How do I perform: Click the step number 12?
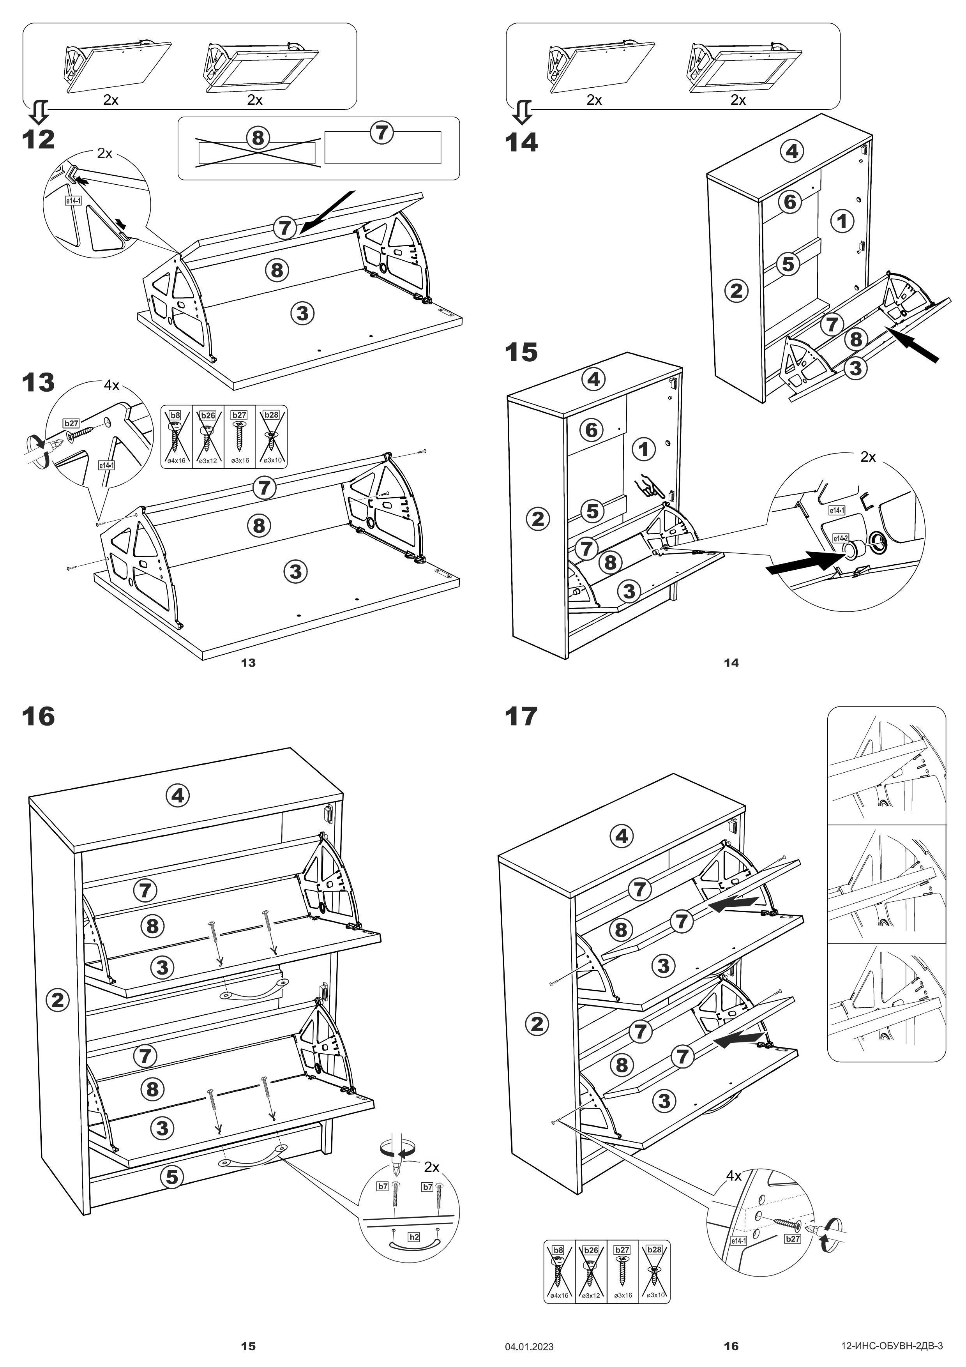[x=38, y=140]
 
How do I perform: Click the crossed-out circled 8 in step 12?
[x=258, y=138]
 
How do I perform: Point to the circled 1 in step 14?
[x=842, y=221]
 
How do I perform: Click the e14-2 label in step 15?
[x=840, y=538]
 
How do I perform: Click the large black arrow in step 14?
[x=920, y=348]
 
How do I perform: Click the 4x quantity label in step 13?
[x=111, y=385]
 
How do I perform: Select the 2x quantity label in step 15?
[x=868, y=457]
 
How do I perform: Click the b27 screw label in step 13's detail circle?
[x=71, y=423]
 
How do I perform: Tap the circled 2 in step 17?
[x=537, y=1024]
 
